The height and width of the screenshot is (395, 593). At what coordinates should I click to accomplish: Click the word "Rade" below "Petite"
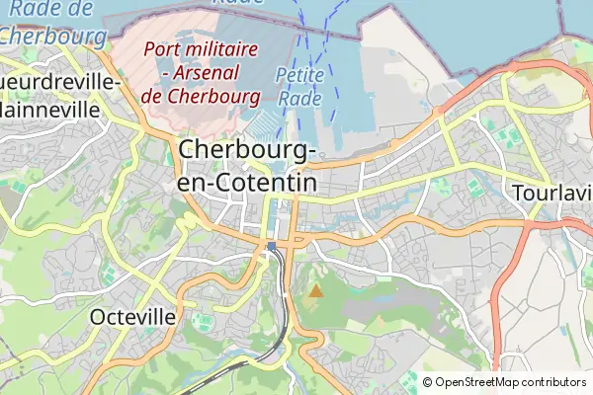click(x=299, y=98)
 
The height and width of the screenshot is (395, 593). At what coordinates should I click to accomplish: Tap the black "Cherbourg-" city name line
click(x=248, y=151)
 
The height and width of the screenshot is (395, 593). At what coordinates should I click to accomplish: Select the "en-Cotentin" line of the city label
click(x=246, y=183)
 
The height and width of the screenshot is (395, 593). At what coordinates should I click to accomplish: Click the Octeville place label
click(x=132, y=317)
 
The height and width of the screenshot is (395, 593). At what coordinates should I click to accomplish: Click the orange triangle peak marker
click(x=315, y=290)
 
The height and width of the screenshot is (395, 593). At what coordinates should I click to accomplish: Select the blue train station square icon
click(x=272, y=247)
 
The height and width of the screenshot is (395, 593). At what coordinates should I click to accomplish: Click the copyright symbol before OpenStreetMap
click(x=428, y=382)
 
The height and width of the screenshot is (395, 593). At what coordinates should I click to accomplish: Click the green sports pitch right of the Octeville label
click(x=202, y=321)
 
